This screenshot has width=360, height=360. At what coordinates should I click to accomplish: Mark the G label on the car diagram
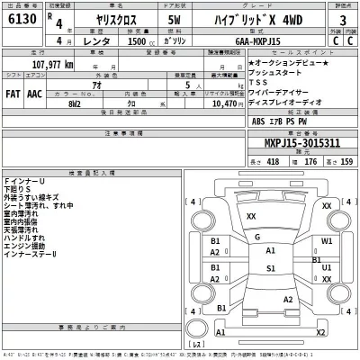click(x=257, y=237)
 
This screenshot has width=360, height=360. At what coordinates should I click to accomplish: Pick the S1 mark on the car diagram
click(x=270, y=268)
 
